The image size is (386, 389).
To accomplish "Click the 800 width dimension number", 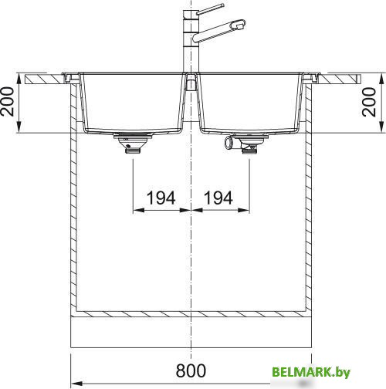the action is (x=191, y=370).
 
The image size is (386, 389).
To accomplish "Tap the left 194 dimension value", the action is (x=161, y=198).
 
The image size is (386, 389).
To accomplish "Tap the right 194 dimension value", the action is (x=218, y=198).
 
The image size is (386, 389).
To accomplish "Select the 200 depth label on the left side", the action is (x=7, y=102).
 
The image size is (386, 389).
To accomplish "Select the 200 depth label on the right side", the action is (x=369, y=102).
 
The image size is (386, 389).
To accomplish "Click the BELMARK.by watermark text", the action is (x=311, y=372).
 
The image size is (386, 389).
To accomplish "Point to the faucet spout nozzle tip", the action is (x=239, y=24).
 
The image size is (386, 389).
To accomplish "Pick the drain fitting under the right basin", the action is (x=249, y=144).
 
